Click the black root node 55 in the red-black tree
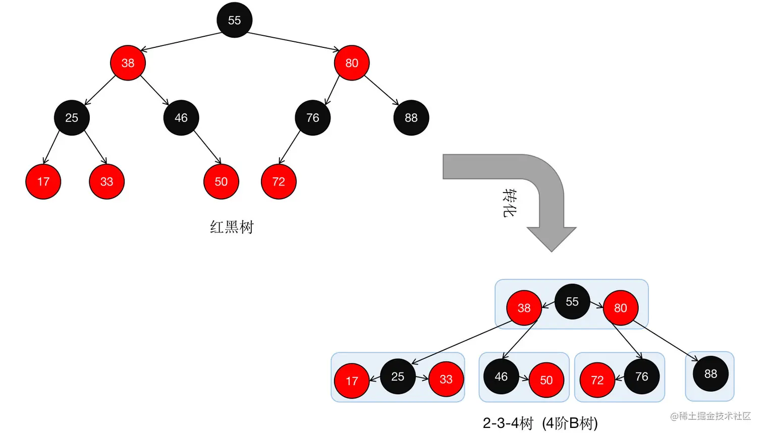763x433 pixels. coord(234,20)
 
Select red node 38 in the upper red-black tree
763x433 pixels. coord(128,63)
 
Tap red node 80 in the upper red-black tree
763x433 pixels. coord(351,63)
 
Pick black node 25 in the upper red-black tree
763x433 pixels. coord(72,118)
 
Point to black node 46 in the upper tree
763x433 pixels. coord(181,118)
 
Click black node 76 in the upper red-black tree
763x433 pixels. coord(312,118)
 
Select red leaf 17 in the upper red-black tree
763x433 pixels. coord(43,181)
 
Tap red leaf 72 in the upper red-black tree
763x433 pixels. coord(279,181)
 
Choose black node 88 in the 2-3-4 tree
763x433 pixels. coord(711,374)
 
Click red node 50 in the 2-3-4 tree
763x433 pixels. coord(546,380)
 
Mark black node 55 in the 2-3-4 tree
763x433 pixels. coord(572,301)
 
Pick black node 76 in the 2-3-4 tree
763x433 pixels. coord(641,377)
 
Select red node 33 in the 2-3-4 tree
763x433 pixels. coord(446,379)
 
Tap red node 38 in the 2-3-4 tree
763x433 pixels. coord(524,308)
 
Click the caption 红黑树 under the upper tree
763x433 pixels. coord(232,227)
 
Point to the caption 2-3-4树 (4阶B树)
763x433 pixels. coord(540,423)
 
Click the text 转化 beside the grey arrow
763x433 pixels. coord(509,203)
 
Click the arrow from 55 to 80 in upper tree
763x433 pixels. coord(293,41)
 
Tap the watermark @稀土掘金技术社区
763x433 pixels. coord(710,416)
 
